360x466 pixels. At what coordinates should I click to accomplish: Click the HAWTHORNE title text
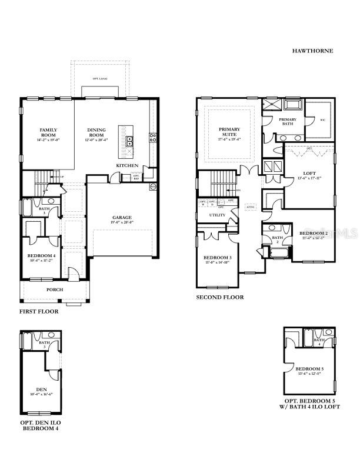(312, 51)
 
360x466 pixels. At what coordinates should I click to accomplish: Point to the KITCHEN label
(127, 165)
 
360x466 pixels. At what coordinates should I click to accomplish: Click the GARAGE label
(122, 217)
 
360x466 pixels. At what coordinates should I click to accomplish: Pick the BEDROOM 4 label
(41, 255)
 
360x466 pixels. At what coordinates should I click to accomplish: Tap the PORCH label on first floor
(55, 289)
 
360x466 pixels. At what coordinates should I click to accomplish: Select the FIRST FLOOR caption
(39, 311)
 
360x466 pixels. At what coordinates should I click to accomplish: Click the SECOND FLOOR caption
(219, 298)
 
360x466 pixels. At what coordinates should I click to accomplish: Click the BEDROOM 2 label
(312, 234)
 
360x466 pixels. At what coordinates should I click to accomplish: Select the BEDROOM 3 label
(218, 258)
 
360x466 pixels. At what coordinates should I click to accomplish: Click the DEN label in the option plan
(41, 389)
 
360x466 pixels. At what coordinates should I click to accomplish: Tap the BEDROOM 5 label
(308, 369)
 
